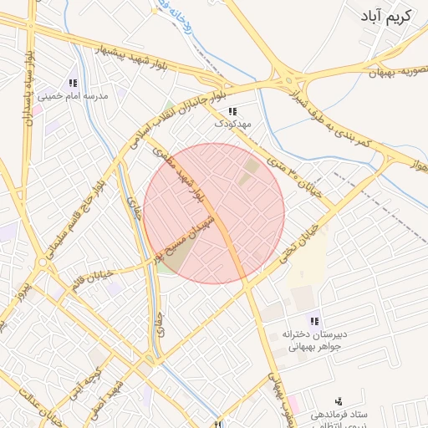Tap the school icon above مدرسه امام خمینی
(73, 84)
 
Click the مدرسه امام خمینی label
(77, 97)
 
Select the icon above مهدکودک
(233, 111)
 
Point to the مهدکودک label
(232, 124)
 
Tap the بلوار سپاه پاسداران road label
(30, 89)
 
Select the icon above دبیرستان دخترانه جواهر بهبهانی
(314, 321)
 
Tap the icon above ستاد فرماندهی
(339, 403)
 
